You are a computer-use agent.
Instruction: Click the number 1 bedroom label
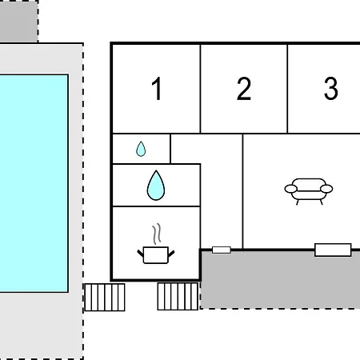pyautogui.click(x=158, y=88)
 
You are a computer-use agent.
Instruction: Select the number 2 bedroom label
pyautogui.click(x=244, y=88)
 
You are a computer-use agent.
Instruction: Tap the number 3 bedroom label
pyautogui.click(x=331, y=88)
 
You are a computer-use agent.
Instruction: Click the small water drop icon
pyautogui.click(x=141, y=149)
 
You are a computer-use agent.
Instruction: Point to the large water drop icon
pyautogui.click(x=156, y=186)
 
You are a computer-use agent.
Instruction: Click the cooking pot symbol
pyautogui.click(x=156, y=254)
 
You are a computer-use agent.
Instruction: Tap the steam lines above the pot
pyautogui.click(x=157, y=234)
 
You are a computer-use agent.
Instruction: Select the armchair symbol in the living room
pyautogui.click(x=309, y=191)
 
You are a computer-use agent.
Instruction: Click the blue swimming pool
pyautogui.click(x=34, y=183)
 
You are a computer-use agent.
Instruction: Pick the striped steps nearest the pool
pyautogui.click(x=105, y=298)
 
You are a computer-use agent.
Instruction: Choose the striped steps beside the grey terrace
pyautogui.click(x=178, y=297)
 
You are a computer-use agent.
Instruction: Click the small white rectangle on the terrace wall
pyautogui.click(x=222, y=250)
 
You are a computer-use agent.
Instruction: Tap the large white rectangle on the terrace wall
pyautogui.click(x=333, y=250)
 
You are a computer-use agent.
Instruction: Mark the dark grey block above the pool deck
pyautogui.click(x=18, y=21)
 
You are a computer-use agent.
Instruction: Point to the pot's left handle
pyautogui.click(x=140, y=253)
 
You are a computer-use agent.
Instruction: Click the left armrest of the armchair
pyautogui.click(x=291, y=189)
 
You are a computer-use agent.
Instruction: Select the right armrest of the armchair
pyautogui.click(x=326, y=189)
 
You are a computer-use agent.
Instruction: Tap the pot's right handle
pyautogui.click(x=171, y=254)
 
